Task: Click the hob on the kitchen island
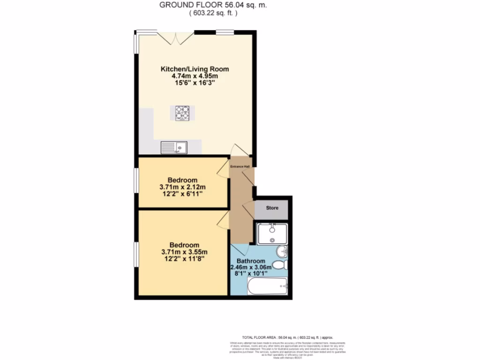pos(182,113)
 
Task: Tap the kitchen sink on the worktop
pos(174,148)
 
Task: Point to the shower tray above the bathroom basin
pos(272,233)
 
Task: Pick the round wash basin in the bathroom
pos(282,251)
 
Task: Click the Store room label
pos(272,208)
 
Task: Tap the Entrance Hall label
pos(240,166)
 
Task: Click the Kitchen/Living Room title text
pos(195,69)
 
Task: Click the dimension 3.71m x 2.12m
pos(183,187)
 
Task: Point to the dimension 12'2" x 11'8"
pos(183,258)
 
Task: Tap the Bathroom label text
pos(250,261)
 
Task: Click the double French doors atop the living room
pos(175,37)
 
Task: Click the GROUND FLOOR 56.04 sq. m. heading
pos(214,5)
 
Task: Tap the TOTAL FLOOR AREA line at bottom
pos(287,337)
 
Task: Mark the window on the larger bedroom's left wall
pos(136,256)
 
